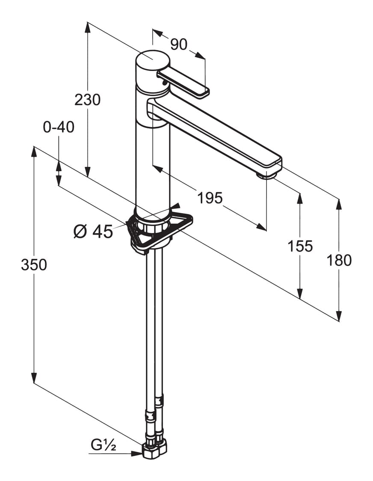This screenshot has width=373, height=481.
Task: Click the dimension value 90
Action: click(x=178, y=45)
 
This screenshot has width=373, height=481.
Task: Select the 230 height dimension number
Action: click(x=87, y=100)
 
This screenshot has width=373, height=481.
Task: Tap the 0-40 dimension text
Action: click(x=59, y=127)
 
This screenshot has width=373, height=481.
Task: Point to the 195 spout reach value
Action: click(x=210, y=198)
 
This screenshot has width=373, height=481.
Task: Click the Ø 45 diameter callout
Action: click(x=93, y=231)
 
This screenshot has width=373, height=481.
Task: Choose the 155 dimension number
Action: click(x=300, y=246)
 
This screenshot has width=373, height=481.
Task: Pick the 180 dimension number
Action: click(x=339, y=261)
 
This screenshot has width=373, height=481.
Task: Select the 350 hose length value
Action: click(x=34, y=265)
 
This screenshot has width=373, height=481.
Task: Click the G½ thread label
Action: click(x=104, y=445)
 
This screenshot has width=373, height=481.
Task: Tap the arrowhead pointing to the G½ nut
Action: click(x=137, y=453)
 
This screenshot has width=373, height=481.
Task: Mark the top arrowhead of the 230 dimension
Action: click(x=88, y=27)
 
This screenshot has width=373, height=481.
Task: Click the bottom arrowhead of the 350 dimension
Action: click(x=34, y=378)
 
